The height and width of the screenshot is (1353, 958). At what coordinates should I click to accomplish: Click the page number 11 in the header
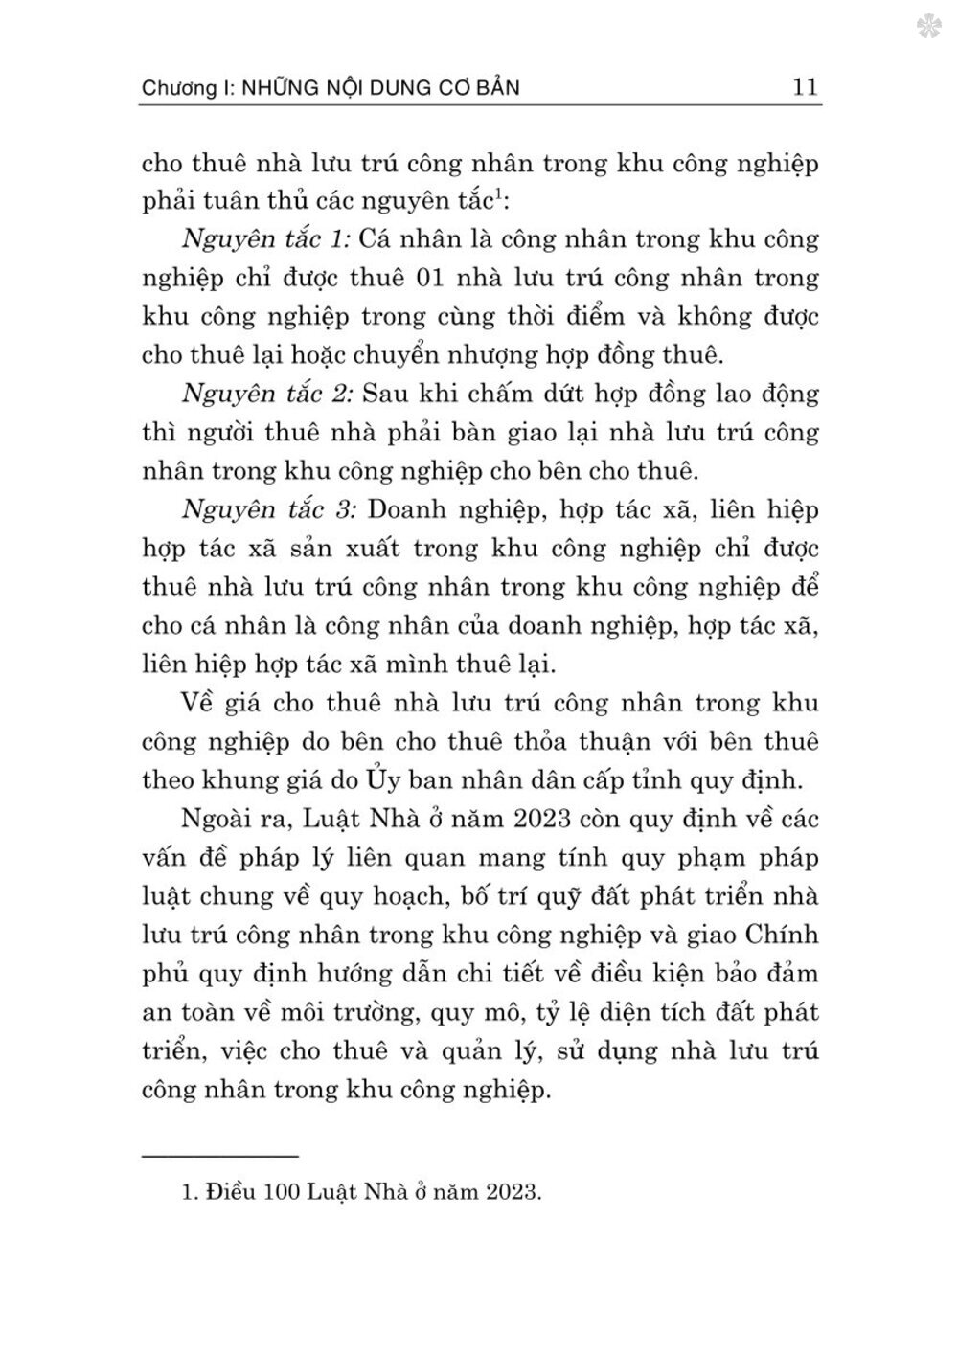coord(805,87)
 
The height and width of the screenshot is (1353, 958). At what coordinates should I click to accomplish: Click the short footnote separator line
coord(220,1158)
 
